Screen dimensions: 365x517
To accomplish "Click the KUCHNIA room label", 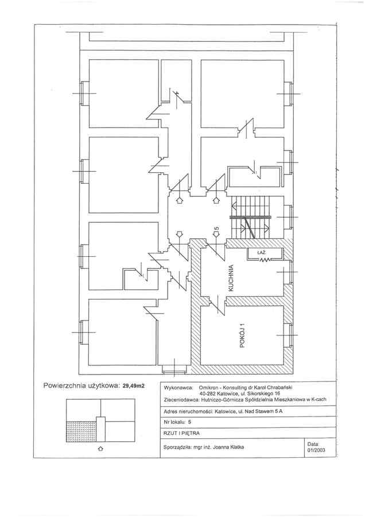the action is pos(231,278).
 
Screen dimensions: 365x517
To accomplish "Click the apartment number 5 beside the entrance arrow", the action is pos(216,228).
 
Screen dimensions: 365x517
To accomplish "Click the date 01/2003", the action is pos(316,450).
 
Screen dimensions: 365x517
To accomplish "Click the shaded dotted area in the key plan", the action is pos(81,431).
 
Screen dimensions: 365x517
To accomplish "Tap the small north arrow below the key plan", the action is pos(100,449).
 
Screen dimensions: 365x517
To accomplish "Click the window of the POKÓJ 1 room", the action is pos(290,335).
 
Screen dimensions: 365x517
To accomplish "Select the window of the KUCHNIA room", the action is pos(290,272).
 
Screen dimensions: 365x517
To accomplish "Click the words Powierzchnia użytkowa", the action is pos(82,385).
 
